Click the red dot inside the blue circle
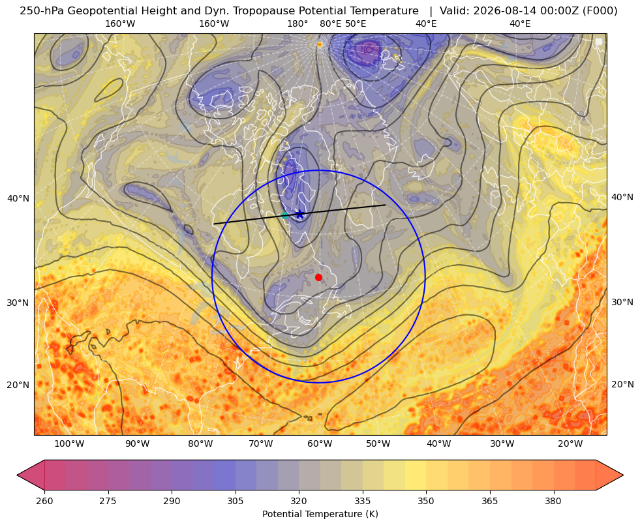tap(319, 277)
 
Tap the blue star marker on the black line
tap(300, 214)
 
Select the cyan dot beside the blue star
tap(285, 215)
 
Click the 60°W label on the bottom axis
tap(320, 444)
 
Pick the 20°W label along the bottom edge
tap(570, 444)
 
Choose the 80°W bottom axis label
tap(200, 444)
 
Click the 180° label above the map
tap(297, 23)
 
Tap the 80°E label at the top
tap(331, 23)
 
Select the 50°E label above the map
tap(356, 23)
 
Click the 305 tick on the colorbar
tap(236, 501)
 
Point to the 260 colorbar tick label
tap(44, 501)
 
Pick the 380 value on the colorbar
tap(553, 501)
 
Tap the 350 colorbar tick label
tap(426, 501)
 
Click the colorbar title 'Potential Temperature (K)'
tap(320, 514)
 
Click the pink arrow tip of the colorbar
tap(18, 475)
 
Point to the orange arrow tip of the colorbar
tap(622, 475)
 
